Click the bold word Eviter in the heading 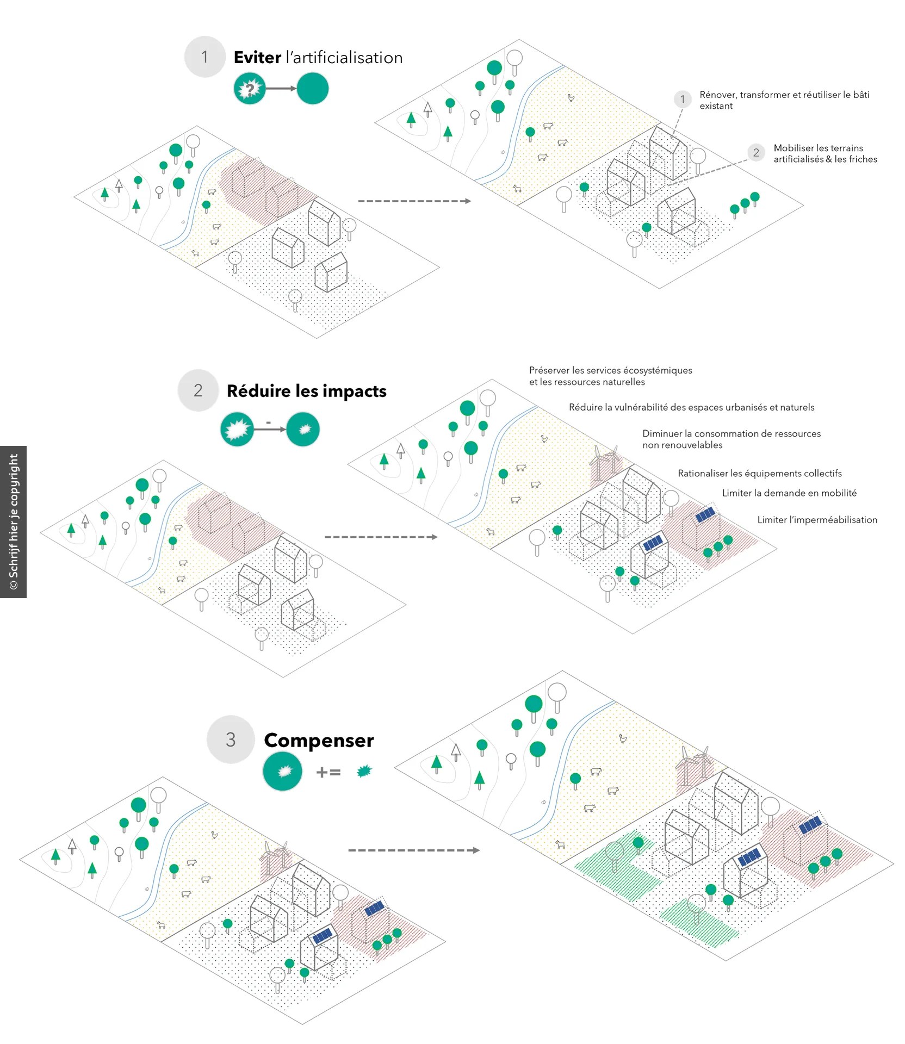tap(257, 57)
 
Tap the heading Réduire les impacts tap(306, 391)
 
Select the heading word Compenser tap(319, 740)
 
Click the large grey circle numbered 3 tap(231, 739)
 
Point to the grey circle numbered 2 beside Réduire tap(198, 390)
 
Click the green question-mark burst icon tap(250, 89)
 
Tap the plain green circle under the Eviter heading tap(312, 89)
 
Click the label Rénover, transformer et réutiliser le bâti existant tap(784, 100)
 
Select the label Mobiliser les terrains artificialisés tap(825, 153)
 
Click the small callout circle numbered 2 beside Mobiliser tap(756, 153)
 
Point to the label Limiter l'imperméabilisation tap(817, 520)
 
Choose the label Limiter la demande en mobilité tap(789, 493)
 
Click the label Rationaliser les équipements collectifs tap(759, 474)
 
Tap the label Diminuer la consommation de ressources tap(732, 439)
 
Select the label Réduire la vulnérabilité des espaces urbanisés tap(691, 407)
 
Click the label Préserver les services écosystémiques tap(611, 376)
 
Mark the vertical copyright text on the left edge tap(14, 522)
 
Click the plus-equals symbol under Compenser tap(328, 772)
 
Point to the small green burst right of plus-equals tap(364, 771)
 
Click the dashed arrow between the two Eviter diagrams tap(414, 201)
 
